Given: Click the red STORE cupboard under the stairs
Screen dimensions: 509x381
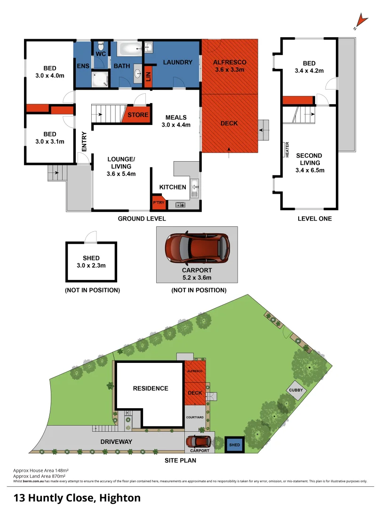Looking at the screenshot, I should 136,115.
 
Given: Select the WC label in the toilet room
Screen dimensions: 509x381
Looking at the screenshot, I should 101,54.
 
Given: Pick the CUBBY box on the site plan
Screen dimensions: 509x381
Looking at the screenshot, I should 297,391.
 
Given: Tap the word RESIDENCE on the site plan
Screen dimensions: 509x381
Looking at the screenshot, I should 150,388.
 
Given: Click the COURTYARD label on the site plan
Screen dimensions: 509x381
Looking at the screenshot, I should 195,418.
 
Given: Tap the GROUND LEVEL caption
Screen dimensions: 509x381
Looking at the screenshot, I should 142,219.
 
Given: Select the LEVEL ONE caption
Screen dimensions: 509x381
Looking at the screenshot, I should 315,219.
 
